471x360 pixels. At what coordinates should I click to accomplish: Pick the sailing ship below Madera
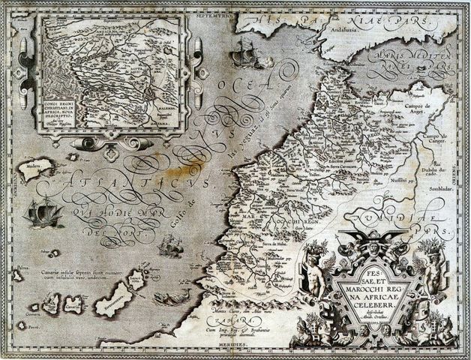click(x=43, y=214)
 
